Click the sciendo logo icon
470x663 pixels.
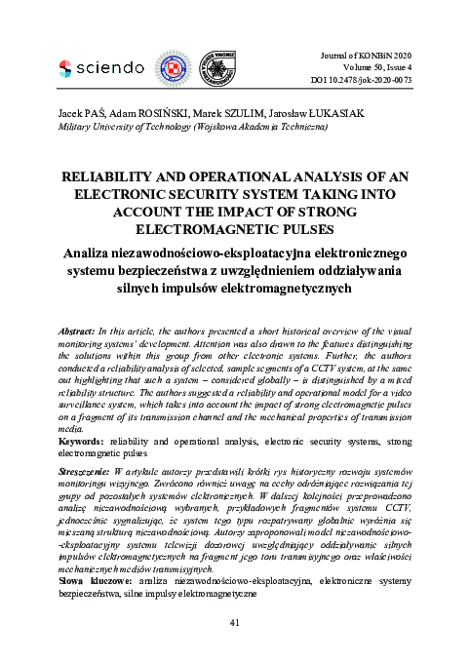pos(66,67)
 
